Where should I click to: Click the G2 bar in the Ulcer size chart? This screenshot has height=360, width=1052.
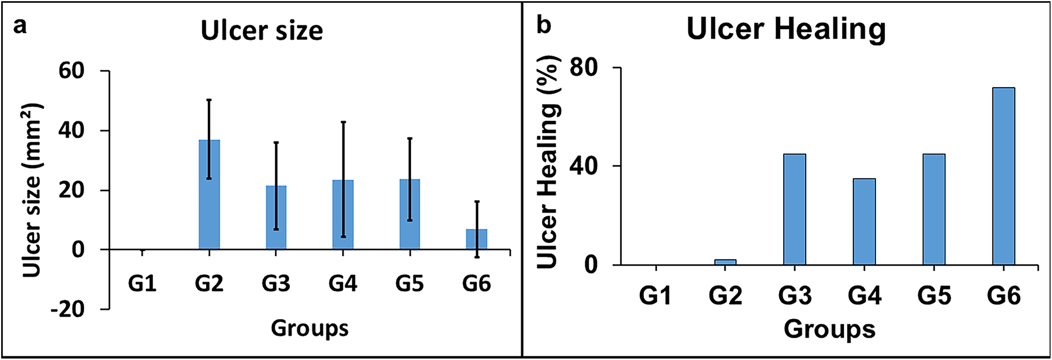[209, 195]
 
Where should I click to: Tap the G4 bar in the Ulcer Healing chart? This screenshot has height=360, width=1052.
[864, 221]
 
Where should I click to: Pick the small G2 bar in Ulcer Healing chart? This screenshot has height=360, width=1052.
[725, 262]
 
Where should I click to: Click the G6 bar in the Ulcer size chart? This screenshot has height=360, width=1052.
[476, 239]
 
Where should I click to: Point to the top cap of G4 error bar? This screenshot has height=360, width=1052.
[343, 122]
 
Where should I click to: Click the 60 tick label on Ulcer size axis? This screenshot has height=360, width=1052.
[71, 71]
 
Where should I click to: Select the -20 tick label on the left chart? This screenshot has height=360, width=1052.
[68, 308]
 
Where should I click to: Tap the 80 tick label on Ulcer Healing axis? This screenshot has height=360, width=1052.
[583, 67]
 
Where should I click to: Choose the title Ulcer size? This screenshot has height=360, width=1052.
[262, 31]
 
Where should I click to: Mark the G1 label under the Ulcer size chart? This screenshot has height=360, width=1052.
[142, 284]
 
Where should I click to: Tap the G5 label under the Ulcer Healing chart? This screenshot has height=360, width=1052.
[934, 295]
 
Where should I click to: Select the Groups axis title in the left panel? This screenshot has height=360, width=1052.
[309, 328]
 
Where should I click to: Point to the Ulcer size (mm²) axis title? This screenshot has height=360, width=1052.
[32, 189]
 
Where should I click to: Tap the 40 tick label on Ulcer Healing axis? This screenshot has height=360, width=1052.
[583, 166]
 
